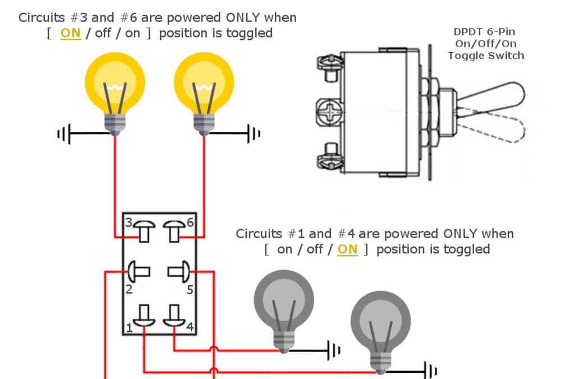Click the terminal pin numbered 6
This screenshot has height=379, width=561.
[173, 230]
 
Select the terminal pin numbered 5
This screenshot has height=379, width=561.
[180, 272]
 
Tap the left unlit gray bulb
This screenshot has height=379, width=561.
[284, 303]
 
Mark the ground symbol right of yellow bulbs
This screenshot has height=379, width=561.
[254, 134]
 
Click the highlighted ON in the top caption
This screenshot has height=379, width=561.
[70, 33]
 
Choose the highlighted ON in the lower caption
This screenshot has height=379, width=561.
[347, 249]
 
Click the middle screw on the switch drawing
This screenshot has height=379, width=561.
[328, 111]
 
